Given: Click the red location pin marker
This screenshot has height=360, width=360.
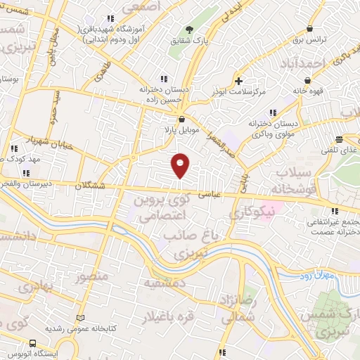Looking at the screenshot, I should click(x=181, y=165).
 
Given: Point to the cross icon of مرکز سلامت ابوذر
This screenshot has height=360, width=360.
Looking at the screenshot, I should click(x=239, y=80).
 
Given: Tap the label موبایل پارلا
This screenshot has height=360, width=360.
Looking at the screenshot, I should click(x=181, y=131).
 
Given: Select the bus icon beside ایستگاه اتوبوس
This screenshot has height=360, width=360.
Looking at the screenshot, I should click(x=32, y=342).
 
